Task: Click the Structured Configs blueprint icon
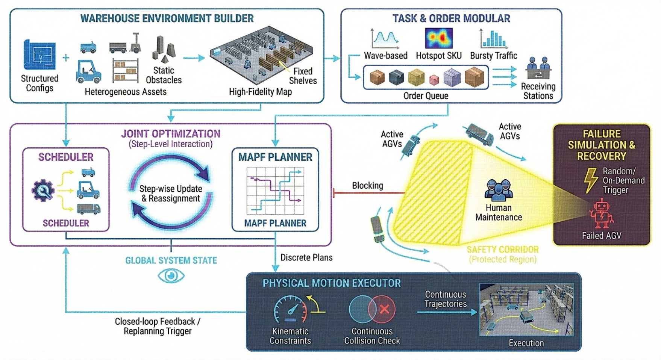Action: pyautogui.click(x=39, y=54)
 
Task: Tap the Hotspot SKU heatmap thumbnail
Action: pyautogui.click(x=438, y=38)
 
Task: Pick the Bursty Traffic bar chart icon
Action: pyautogui.click(x=494, y=39)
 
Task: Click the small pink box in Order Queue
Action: pyautogui.click(x=434, y=79)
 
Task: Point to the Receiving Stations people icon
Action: pyautogui.click(x=538, y=68)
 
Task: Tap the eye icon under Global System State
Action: pyautogui.click(x=171, y=276)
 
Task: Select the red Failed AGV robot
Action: pyautogui.click(x=601, y=214)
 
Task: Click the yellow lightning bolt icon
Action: pyautogui.click(x=591, y=180)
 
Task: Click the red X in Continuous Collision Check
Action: pyautogui.click(x=384, y=309)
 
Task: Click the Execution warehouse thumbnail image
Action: pyautogui.click(x=526, y=310)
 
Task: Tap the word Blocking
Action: pyautogui.click(x=367, y=186)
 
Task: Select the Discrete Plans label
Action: pyautogui.click(x=306, y=257)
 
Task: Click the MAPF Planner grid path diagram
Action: pyautogui.click(x=275, y=191)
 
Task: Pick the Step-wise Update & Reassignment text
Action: pyautogui.click(x=171, y=194)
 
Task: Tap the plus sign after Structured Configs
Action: pyautogui.click(x=66, y=58)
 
